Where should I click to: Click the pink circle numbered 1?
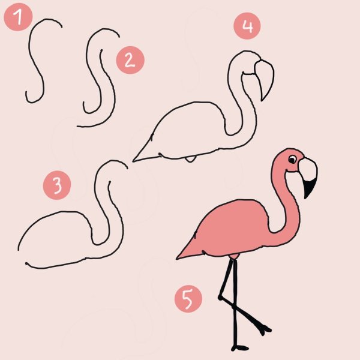coord(18,17)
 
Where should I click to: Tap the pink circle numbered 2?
coord(130,60)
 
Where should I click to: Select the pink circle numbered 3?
coord(57,185)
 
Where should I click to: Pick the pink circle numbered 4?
coord(247,26)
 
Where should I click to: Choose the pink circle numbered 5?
coord(188,299)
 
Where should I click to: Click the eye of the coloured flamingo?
coord(293,160)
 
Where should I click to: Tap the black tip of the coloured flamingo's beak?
coord(309,188)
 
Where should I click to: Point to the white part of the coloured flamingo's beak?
coord(308,169)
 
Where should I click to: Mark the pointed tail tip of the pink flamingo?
coord(177,259)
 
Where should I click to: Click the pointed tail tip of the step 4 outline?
coord(133,161)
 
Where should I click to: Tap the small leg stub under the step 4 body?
coord(190,160)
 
